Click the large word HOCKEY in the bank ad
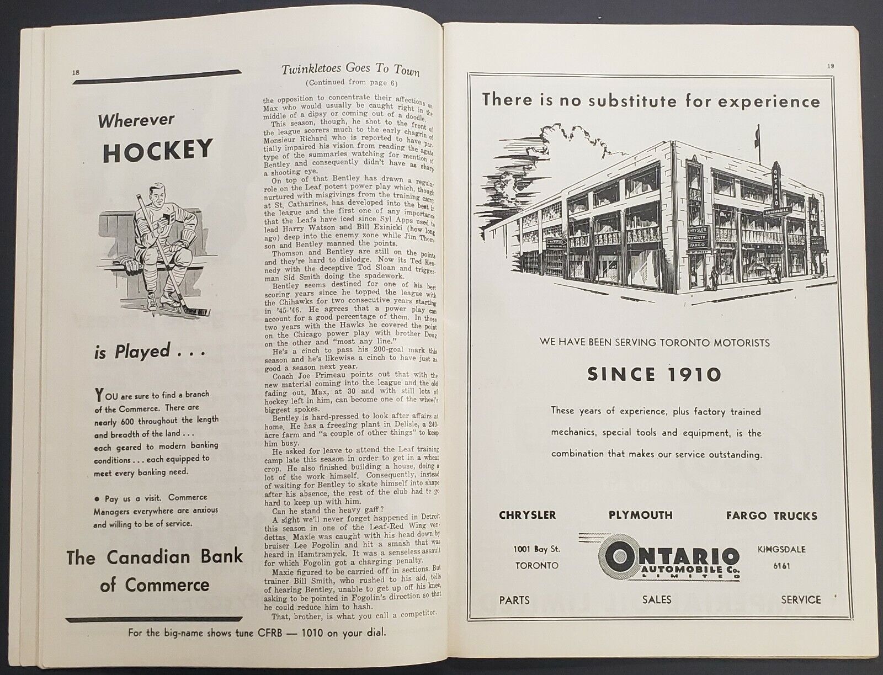point(157,150)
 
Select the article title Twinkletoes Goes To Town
point(350,70)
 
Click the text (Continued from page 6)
point(350,83)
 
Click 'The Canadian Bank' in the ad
point(155,556)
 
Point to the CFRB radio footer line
point(257,633)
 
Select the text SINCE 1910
point(654,375)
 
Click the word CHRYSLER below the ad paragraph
point(527,515)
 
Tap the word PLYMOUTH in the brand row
point(640,515)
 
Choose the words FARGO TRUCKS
point(772,515)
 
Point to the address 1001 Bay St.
point(537,549)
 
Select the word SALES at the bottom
point(656,599)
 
